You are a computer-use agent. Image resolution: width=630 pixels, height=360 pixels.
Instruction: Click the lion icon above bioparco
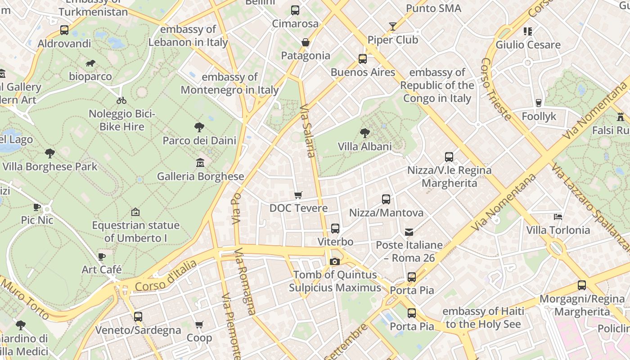coord(90,63)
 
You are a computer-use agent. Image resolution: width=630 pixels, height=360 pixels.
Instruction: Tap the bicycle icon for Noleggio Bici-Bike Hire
coord(121,100)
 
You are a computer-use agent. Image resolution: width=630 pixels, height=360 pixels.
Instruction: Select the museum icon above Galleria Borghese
coord(200,162)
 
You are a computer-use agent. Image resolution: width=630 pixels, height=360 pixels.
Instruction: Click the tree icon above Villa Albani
coord(364,133)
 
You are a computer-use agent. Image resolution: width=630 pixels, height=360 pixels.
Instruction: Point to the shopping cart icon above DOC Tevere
coord(298,195)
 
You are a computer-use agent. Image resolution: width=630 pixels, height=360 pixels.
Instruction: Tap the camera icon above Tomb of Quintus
coord(334,261)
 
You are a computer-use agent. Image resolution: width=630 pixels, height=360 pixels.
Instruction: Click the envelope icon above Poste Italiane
coord(409,232)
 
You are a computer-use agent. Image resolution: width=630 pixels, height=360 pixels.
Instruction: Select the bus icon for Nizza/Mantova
coord(386,199)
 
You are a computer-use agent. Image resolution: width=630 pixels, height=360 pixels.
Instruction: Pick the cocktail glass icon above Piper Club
coord(393,27)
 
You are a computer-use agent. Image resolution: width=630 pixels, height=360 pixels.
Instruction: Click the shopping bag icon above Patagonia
coord(306,42)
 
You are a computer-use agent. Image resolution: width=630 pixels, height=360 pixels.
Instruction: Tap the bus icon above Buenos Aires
coord(363,59)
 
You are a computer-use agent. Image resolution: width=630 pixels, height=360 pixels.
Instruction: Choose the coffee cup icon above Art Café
coord(102,256)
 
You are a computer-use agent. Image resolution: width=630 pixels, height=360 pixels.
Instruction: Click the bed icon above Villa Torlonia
coord(558,217)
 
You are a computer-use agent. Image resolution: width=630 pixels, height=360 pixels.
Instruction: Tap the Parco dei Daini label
coord(199,140)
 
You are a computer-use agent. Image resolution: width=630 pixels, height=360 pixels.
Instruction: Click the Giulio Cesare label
coord(528,45)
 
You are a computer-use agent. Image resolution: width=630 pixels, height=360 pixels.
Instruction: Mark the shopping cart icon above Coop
coord(199,324)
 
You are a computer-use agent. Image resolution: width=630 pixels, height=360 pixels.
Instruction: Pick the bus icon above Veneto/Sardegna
coord(138,317)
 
